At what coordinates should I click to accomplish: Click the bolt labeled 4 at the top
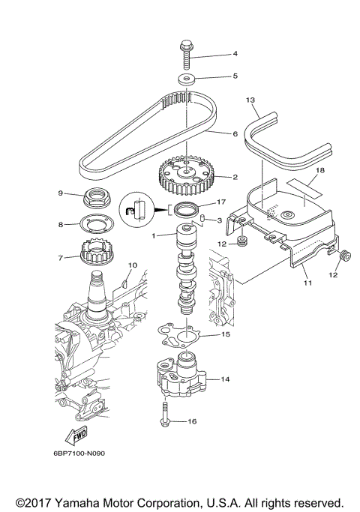point(184,52)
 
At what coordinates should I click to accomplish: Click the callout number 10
point(133,265)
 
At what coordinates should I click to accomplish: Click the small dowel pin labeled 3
point(202,218)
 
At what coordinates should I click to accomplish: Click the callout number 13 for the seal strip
point(250,100)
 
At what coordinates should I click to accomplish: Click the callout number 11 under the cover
point(307,285)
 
